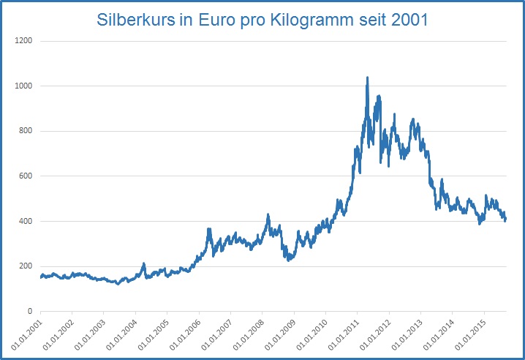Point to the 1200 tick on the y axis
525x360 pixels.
[24, 41]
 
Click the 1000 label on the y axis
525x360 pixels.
[24, 86]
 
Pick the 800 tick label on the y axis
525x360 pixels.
[26, 131]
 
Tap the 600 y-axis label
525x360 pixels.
[26, 176]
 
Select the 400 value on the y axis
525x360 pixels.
[26, 221]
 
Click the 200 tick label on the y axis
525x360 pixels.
[26, 266]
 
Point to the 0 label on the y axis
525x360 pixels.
[31, 311]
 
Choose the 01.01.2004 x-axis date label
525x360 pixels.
[120, 333]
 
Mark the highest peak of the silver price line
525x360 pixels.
[367, 77]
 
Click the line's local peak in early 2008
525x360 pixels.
[268, 214]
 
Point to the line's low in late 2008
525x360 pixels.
[290, 259]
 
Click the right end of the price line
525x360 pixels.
[505, 220]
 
